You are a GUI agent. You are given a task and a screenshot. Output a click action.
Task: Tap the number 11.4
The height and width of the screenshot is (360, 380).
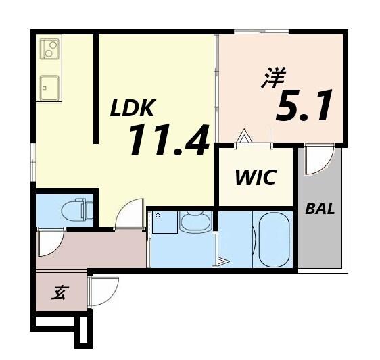[x=168, y=140]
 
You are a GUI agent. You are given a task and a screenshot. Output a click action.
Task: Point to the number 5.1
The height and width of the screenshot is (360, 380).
[x=304, y=107]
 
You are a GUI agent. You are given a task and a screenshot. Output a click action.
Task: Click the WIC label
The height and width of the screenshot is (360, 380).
[x=255, y=178]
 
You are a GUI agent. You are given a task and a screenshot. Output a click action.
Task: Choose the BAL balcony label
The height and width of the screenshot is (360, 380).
[x=319, y=209]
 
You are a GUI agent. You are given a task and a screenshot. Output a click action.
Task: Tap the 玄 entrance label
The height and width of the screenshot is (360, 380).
[x=60, y=292]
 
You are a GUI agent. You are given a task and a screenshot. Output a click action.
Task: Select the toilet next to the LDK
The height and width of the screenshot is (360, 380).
[x=76, y=211]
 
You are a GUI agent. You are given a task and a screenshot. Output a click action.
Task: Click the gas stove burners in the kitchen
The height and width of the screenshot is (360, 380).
[x=49, y=49]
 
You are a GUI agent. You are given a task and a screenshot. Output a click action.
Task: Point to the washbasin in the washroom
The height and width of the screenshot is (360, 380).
[x=195, y=222]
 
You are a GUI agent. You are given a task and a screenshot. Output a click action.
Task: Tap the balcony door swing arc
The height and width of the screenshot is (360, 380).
[x=318, y=161]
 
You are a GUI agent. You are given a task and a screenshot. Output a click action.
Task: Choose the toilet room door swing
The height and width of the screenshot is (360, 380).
[x=50, y=242]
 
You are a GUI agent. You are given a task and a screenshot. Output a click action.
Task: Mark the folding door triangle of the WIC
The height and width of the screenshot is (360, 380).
[x=244, y=138]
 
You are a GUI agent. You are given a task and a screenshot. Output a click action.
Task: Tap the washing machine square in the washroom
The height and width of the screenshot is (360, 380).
[x=164, y=222]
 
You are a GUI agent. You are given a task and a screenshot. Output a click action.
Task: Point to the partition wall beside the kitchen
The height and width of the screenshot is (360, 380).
[x=97, y=88]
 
